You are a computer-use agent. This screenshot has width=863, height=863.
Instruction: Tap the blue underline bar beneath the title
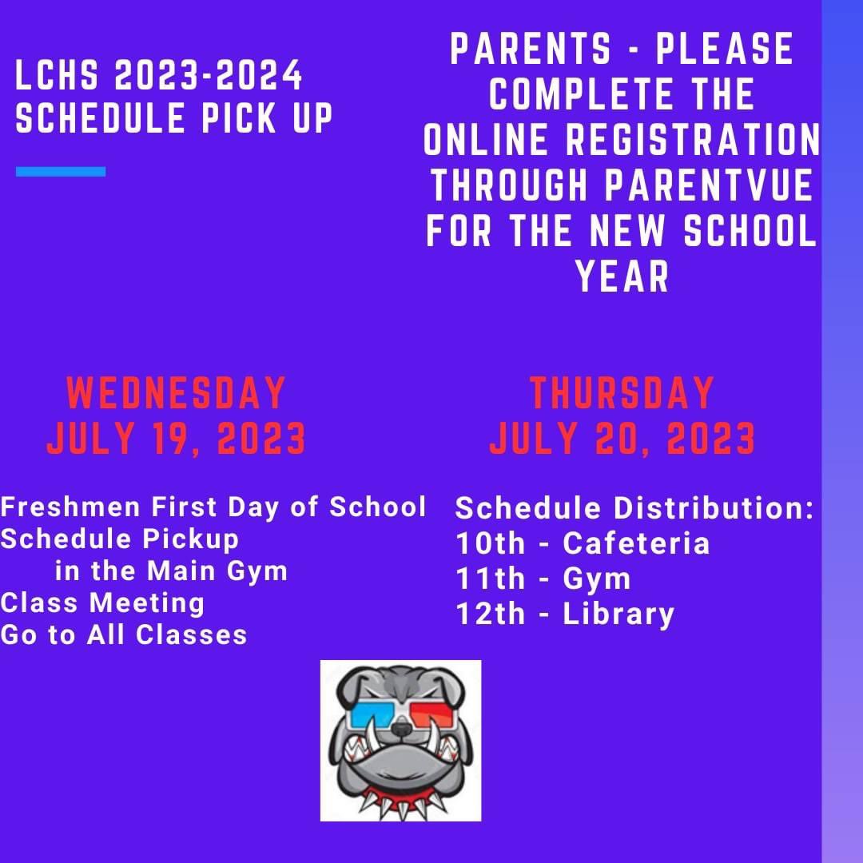tap(61, 171)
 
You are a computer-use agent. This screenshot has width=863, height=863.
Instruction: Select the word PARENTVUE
tap(709, 186)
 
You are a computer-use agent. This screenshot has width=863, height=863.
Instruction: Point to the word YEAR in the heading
tap(622, 277)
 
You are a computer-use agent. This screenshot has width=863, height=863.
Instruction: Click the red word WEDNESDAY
tap(176, 393)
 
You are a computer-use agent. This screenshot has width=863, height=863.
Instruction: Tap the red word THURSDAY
tap(622, 393)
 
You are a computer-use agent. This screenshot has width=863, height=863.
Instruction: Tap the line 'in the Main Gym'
tap(171, 571)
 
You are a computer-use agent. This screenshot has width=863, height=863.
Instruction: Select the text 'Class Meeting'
tap(102, 603)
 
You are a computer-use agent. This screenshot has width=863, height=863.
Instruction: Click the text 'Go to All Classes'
tap(124, 634)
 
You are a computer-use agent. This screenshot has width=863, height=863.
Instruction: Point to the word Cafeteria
tap(636, 543)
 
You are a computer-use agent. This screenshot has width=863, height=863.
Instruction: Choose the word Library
tap(618, 614)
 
